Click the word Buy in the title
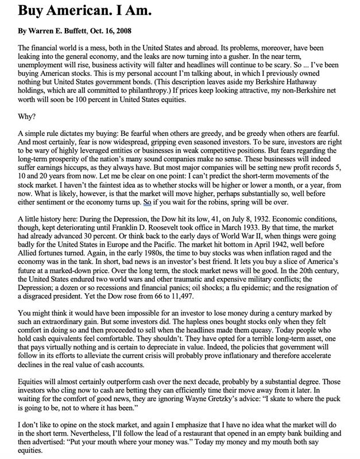coord(30,10)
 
